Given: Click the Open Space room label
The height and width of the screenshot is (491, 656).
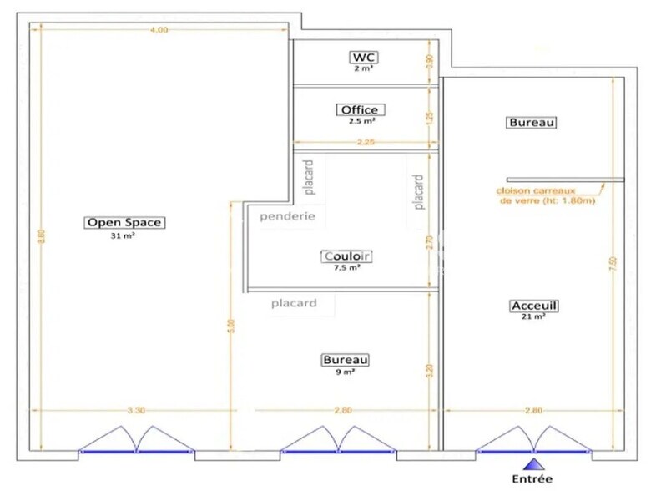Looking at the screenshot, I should [124, 222].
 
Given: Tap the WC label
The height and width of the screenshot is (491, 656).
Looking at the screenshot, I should [364, 57].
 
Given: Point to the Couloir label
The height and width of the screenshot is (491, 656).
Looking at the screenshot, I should [346, 256].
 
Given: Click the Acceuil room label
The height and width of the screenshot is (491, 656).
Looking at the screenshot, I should [533, 306].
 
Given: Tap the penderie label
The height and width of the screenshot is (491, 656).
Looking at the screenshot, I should [287, 215].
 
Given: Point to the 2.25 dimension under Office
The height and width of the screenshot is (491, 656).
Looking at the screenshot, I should [365, 143].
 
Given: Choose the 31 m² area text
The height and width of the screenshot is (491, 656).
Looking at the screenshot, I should [124, 236].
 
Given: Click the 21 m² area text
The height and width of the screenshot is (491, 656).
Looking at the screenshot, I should [533, 317].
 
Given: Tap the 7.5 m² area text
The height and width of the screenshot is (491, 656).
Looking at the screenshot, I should [346, 267].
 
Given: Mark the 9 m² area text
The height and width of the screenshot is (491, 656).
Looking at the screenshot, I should [345, 372].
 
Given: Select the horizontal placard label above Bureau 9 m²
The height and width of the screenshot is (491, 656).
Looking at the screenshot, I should [294, 303].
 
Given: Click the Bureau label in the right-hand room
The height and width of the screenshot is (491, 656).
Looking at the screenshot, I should [532, 123].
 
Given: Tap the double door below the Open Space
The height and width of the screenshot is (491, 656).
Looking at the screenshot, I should [136, 439].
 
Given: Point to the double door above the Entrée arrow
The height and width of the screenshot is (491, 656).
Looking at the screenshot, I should [532, 439].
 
